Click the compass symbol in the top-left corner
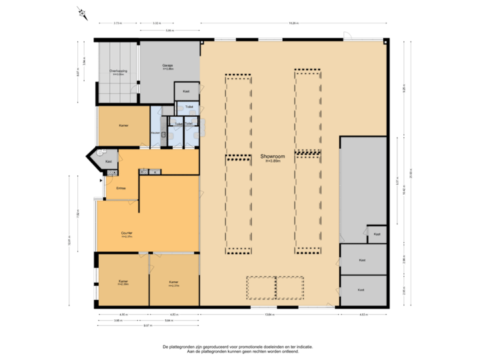tap(82, 11)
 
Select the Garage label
tap(167, 66)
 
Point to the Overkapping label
tap(118, 72)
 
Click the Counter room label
tap(127, 234)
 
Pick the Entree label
tap(121, 188)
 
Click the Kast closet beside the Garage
tap(186, 91)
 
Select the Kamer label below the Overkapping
tap(123, 125)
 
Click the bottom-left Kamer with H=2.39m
tap(123, 283)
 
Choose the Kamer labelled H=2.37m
tap(174, 283)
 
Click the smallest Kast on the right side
tap(377, 234)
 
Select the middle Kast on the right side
tap(362, 260)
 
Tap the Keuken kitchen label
tap(155, 133)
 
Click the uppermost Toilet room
tap(189, 107)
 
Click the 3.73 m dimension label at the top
tap(117, 23)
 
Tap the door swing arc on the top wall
tap(347, 35)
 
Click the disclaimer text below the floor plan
tap(238, 348)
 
